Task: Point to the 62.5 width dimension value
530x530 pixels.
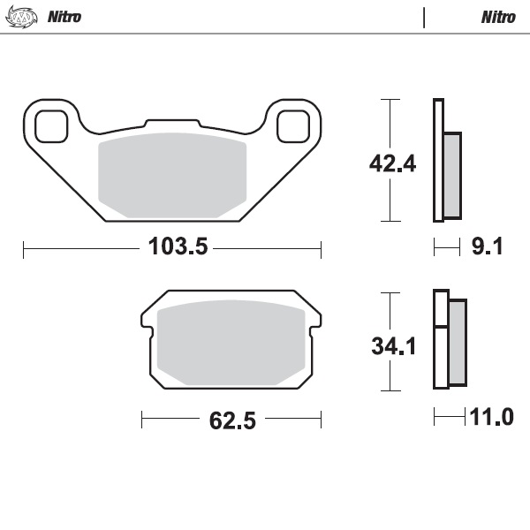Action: (232, 420)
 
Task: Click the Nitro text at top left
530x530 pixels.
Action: (63, 17)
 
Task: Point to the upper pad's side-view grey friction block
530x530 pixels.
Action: (451, 175)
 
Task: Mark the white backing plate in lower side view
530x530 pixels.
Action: (439, 339)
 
